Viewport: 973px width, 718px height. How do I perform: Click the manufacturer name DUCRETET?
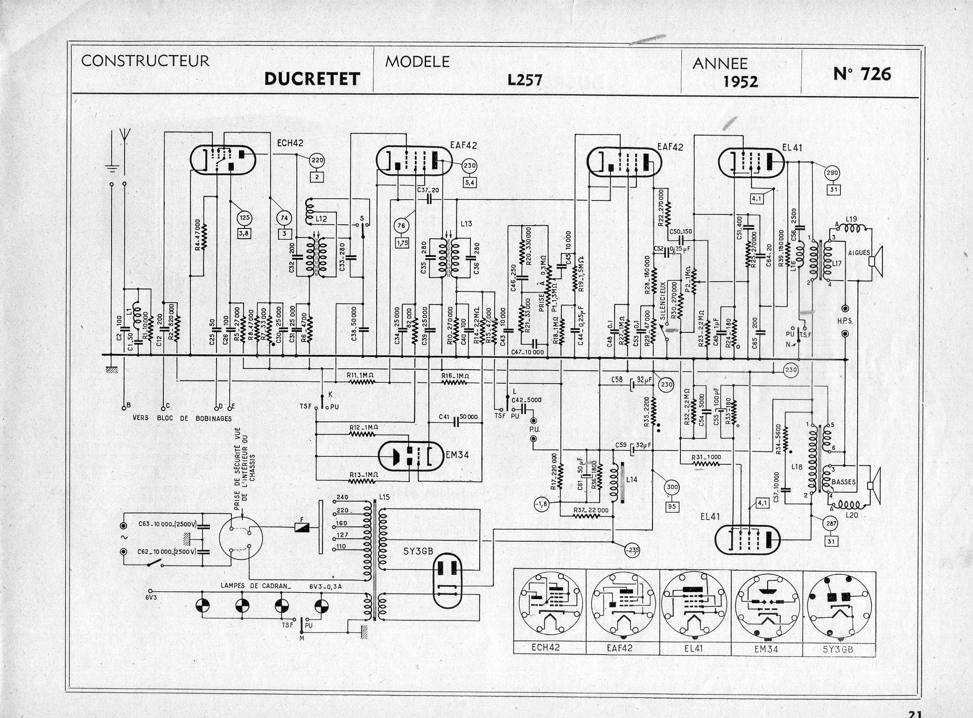click(x=312, y=78)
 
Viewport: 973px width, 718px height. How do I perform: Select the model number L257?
click(x=525, y=81)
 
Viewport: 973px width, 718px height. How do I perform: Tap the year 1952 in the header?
click(x=741, y=82)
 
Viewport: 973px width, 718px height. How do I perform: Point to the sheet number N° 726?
click(x=862, y=74)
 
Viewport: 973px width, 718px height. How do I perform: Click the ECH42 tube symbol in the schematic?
click(x=224, y=160)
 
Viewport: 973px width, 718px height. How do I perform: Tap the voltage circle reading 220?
click(x=317, y=161)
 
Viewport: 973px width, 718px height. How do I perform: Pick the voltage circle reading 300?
click(x=672, y=487)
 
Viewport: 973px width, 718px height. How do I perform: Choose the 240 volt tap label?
click(x=342, y=497)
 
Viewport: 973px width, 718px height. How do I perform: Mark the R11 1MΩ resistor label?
click(x=362, y=375)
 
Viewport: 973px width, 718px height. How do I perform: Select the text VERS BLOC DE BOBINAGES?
click(x=182, y=418)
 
